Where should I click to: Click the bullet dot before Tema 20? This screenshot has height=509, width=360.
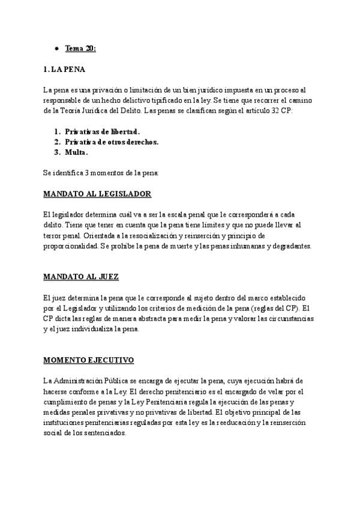click(x=56, y=48)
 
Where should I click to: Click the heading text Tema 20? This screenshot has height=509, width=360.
click(x=80, y=48)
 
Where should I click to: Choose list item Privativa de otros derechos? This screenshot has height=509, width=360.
click(x=112, y=142)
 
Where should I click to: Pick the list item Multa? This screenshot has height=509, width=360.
click(x=77, y=152)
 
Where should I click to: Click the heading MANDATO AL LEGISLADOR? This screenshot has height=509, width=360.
click(x=97, y=194)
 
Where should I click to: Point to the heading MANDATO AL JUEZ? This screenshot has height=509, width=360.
click(x=81, y=277)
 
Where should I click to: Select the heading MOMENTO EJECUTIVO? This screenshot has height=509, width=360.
click(x=88, y=360)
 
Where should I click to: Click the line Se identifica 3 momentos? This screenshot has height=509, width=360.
click(x=101, y=173)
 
